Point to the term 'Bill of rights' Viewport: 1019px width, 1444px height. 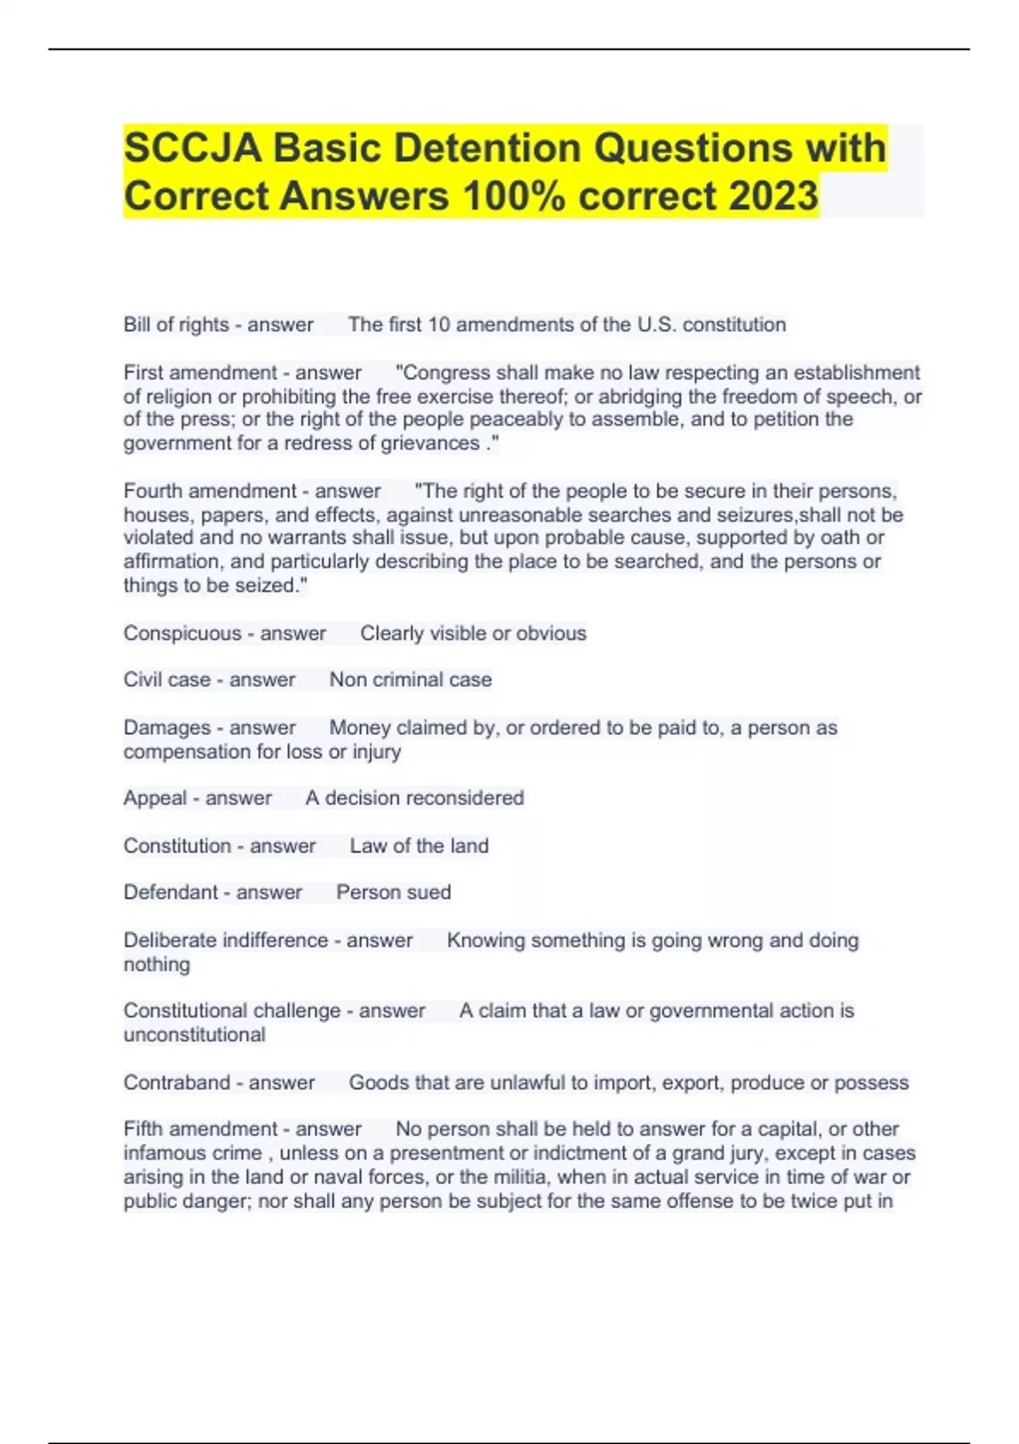click(x=176, y=324)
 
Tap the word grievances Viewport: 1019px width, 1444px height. click(x=431, y=443)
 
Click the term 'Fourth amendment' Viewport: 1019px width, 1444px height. click(x=210, y=491)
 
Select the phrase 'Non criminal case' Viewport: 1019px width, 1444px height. click(x=410, y=680)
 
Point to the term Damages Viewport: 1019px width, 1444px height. click(x=166, y=728)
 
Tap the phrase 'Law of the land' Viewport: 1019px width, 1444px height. click(x=419, y=846)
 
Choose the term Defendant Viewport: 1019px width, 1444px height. click(x=171, y=893)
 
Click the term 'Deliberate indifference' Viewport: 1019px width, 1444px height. click(x=225, y=940)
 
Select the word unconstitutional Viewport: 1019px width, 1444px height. click(x=194, y=1035)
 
